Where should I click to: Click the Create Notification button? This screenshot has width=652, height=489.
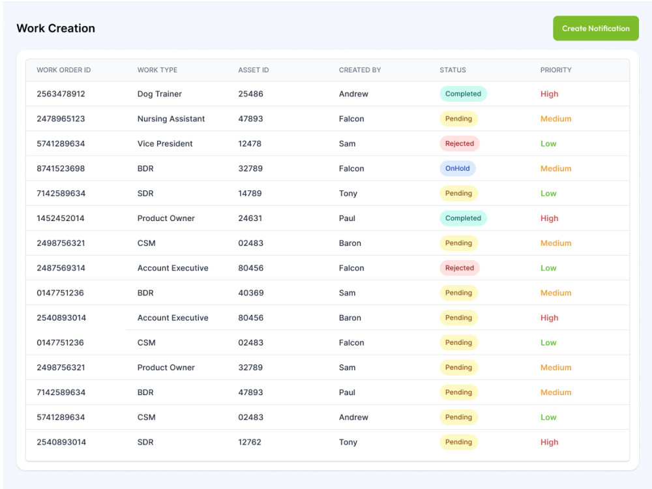tap(595, 28)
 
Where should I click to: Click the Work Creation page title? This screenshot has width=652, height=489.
tap(55, 28)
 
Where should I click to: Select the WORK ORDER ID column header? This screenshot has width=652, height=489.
tap(64, 70)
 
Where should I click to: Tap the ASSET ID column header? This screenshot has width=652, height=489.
tap(253, 70)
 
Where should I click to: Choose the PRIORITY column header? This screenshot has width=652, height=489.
tap(556, 70)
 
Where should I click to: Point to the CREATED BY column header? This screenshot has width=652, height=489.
tap(360, 70)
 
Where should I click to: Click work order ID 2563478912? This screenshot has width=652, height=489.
tap(61, 94)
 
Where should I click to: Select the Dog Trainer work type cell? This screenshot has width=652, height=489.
tap(160, 94)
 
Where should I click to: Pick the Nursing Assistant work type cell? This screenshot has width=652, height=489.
tap(171, 119)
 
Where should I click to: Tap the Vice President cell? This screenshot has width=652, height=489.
tap(165, 144)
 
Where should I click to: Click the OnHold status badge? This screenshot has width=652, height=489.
tap(458, 168)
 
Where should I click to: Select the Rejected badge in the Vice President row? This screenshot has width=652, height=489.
tap(460, 143)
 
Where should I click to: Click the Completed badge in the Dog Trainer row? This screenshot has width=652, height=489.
tap(463, 94)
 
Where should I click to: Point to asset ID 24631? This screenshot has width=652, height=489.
tap(250, 218)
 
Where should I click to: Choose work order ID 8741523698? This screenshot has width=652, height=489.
tap(61, 168)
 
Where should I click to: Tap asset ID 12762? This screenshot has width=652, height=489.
tap(250, 442)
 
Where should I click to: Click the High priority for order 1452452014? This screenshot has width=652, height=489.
tap(549, 218)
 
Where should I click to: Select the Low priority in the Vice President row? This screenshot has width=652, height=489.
tap(548, 144)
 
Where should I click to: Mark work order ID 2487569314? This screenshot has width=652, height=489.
tap(61, 268)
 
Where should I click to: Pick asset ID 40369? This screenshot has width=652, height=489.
tap(251, 293)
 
